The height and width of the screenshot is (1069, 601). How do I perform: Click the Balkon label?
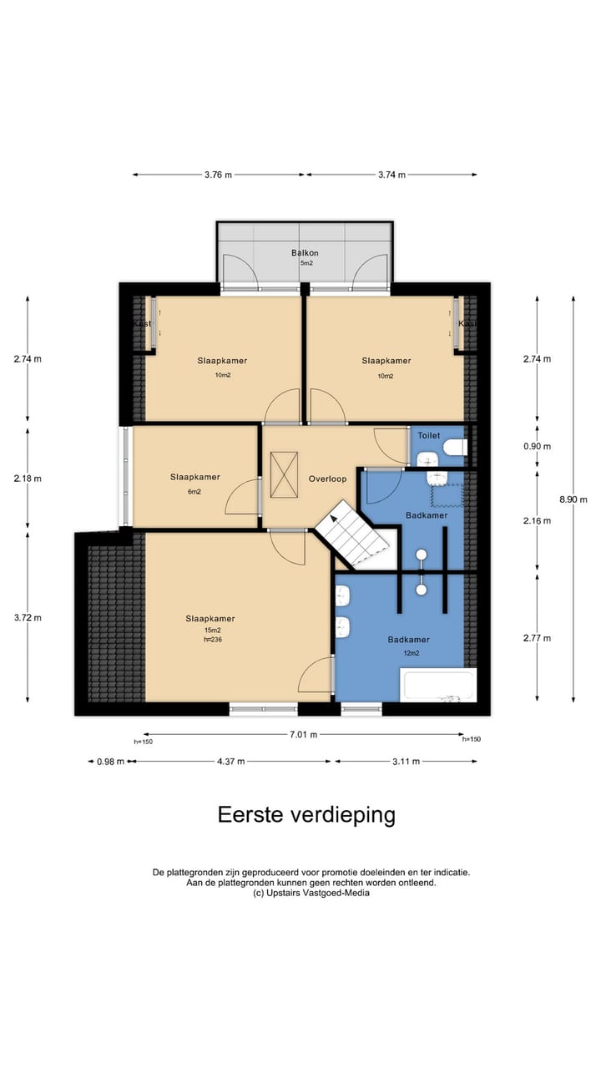(x=305, y=253)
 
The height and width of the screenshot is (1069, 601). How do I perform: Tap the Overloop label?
(x=327, y=479)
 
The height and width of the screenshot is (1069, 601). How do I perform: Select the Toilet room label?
(x=428, y=435)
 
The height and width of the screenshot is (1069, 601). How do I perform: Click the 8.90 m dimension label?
(x=573, y=499)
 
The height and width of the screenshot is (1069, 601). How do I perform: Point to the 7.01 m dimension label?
(x=303, y=735)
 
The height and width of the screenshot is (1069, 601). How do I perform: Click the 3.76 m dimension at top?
(x=218, y=175)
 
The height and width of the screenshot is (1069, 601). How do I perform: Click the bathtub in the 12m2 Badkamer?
(x=438, y=685)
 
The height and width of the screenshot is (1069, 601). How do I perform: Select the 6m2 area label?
(x=194, y=492)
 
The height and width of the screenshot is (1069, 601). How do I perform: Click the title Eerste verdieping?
(x=306, y=814)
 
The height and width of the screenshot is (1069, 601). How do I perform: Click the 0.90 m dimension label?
(x=536, y=446)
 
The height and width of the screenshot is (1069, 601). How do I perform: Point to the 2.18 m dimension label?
(x=28, y=479)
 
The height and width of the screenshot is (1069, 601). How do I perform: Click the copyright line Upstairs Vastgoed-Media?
(x=311, y=892)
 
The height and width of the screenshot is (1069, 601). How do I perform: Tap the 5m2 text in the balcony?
(x=306, y=263)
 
